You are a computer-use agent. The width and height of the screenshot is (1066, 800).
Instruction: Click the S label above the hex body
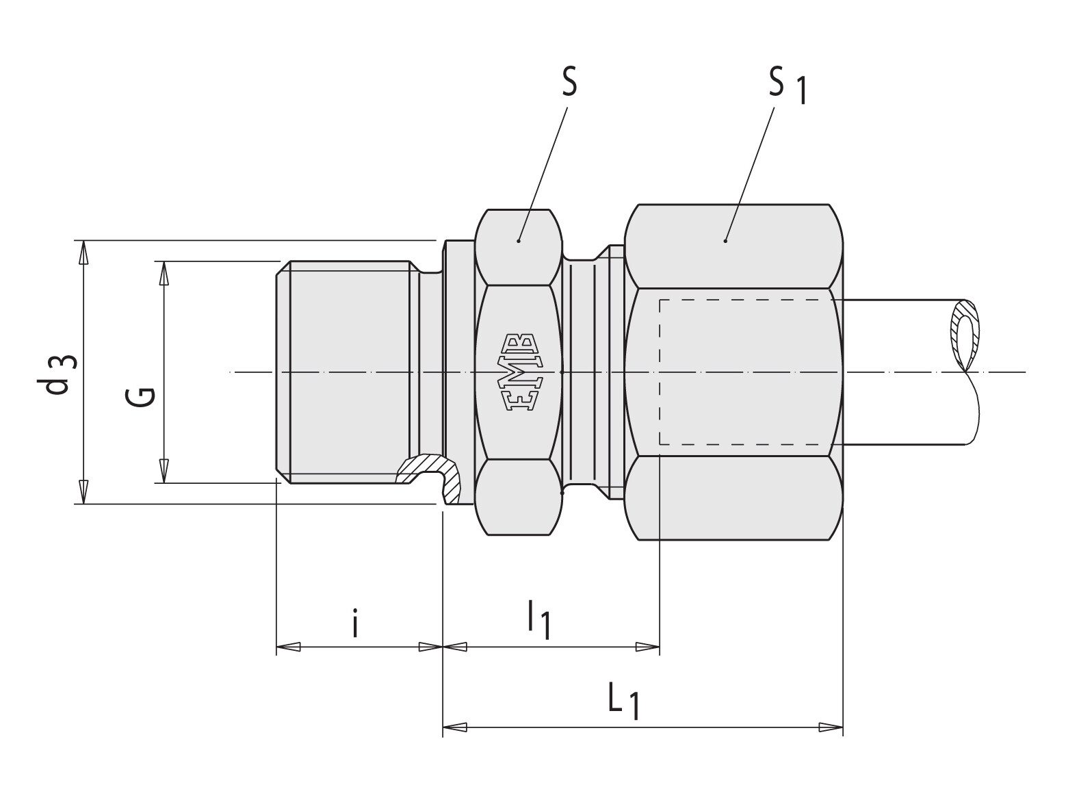click(x=569, y=82)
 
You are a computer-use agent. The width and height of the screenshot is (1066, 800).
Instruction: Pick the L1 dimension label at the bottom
click(x=625, y=702)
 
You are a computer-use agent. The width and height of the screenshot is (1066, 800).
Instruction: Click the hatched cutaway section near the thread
click(x=431, y=472)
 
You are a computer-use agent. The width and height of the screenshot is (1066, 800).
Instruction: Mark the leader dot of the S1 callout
click(x=725, y=240)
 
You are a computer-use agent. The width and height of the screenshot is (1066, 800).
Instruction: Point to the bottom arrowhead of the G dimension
click(x=164, y=471)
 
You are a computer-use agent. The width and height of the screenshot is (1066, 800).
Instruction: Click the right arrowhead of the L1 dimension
click(x=831, y=726)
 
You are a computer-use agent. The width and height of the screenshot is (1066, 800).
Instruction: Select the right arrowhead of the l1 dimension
click(x=647, y=646)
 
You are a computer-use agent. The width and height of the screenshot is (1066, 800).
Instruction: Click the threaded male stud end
click(x=349, y=373)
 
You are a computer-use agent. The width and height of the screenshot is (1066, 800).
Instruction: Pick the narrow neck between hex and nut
click(x=582, y=373)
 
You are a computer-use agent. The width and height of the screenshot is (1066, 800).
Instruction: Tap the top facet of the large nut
click(x=733, y=246)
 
